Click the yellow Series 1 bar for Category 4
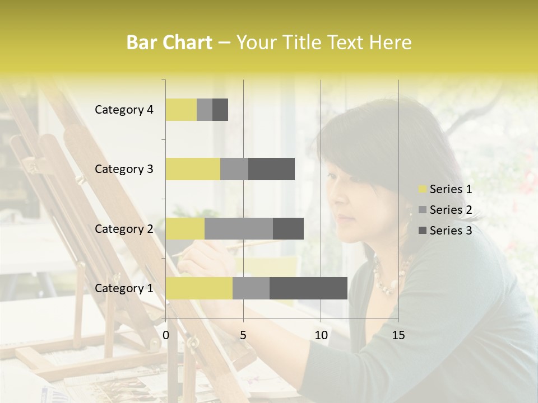pos(181,110)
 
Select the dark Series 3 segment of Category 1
pos(308,288)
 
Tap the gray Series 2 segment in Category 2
pos(239,228)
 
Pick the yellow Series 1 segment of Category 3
pos(193,169)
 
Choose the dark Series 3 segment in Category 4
pos(220,110)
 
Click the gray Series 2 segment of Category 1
pos(251,288)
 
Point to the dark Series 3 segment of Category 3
pos(271,169)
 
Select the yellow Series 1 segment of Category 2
pos(185,228)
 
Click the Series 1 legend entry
pos(446,189)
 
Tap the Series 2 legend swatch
pos(423,210)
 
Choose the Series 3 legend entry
pos(446,231)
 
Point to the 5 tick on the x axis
pos(243,335)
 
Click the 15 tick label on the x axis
pos(398,335)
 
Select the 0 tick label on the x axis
pos(166,335)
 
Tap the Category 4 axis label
pos(124,110)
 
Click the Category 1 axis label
pos(124,288)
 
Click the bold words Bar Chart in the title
pos(169,43)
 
